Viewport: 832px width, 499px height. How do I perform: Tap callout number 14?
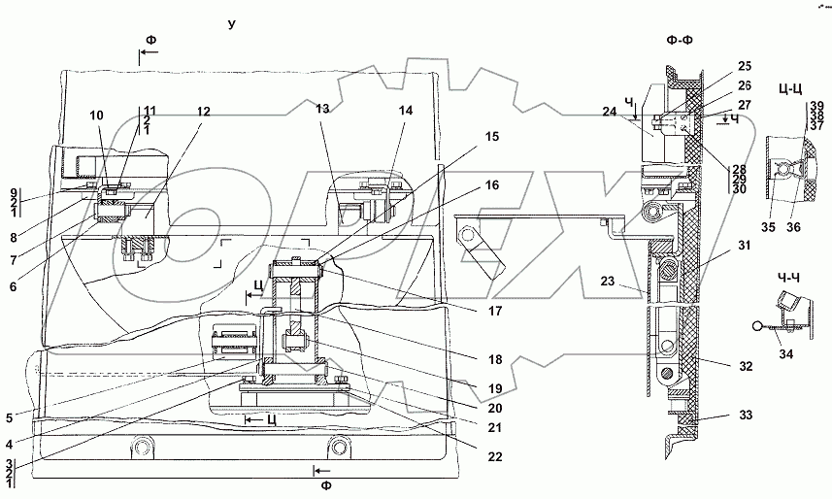(404, 111)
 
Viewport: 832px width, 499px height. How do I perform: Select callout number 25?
(745, 66)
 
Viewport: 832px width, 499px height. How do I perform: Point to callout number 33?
(745, 416)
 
